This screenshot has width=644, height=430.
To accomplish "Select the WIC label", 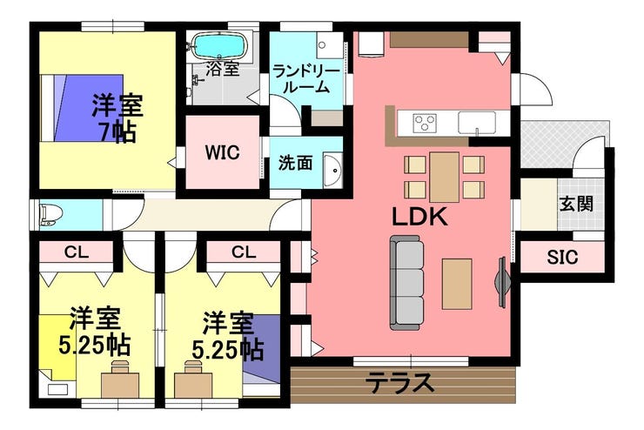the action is (x=222, y=153).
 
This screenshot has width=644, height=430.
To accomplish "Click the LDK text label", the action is (x=419, y=217).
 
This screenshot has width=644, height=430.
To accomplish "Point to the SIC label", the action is (x=562, y=257).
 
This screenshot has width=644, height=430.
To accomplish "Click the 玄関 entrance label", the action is (x=577, y=204).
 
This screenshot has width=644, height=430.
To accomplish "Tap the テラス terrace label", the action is (x=399, y=383).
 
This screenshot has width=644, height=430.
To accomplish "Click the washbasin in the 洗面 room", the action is (x=332, y=171).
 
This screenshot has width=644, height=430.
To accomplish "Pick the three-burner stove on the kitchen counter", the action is (x=425, y=123).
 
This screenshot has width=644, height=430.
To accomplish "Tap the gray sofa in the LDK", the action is (x=406, y=283).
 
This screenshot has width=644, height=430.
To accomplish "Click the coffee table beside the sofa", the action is (x=457, y=284).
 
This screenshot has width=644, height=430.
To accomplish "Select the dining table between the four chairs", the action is (x=444, y=177).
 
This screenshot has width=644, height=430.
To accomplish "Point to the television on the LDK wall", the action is (x=502, y=282).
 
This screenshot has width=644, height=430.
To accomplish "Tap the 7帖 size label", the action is (x=117, y=131).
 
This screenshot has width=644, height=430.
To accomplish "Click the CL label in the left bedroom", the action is (x=77, y=252).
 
